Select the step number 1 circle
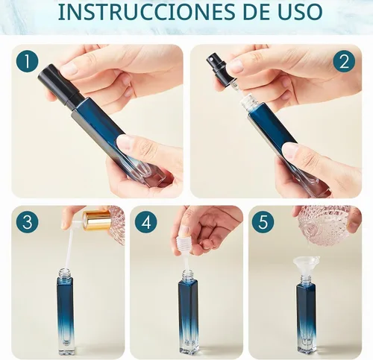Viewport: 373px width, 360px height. tap(28, 61)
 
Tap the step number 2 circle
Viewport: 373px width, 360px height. tap(344, 61)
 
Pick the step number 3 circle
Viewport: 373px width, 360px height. tap(28, 222)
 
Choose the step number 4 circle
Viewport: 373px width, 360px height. tap(145, 222)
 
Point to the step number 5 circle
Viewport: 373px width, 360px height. tap(263, 222)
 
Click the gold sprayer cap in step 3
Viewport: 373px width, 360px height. tap(97, 221)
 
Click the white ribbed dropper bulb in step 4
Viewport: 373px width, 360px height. tap(183, 245)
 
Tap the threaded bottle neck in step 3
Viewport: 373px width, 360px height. tap(65, 273)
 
